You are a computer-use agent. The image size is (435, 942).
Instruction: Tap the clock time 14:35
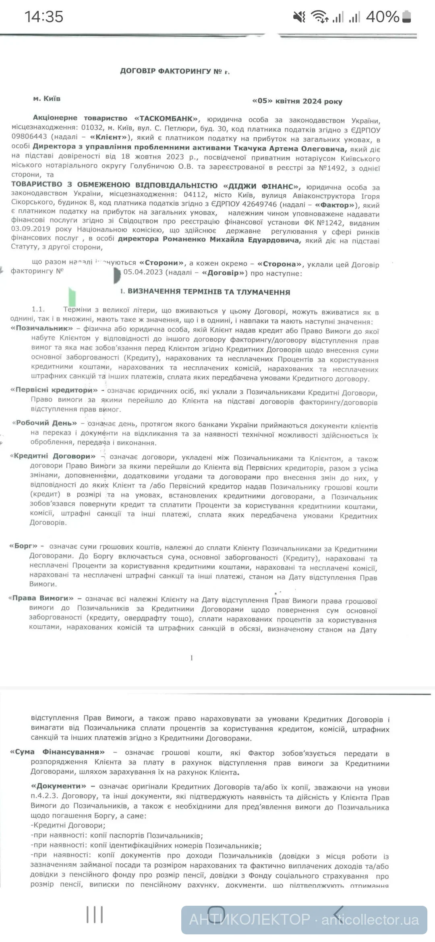click(44, 17)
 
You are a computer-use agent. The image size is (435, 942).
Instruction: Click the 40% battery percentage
click(382, 17)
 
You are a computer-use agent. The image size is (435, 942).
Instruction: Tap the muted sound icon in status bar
click(299, 17)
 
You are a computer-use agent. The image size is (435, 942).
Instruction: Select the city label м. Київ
click(47, 98)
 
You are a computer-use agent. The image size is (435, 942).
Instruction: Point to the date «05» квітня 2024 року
click(297, 101)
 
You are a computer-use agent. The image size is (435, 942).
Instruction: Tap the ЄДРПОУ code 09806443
click(29, 137)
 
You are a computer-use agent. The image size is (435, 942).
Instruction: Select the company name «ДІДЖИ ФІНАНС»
click(261, 186)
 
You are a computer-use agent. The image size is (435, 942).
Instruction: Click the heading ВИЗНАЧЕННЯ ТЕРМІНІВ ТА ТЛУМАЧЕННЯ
click(208, 292)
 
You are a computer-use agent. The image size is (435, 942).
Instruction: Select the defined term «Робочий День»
click(45, 423)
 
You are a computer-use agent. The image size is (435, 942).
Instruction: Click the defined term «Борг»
click(23, 546)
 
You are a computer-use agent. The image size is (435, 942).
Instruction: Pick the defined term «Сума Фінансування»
click(57, 752)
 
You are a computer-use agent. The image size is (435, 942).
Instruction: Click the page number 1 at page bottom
click(192, 658)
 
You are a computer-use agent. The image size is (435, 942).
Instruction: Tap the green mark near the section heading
click(72, 296)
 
